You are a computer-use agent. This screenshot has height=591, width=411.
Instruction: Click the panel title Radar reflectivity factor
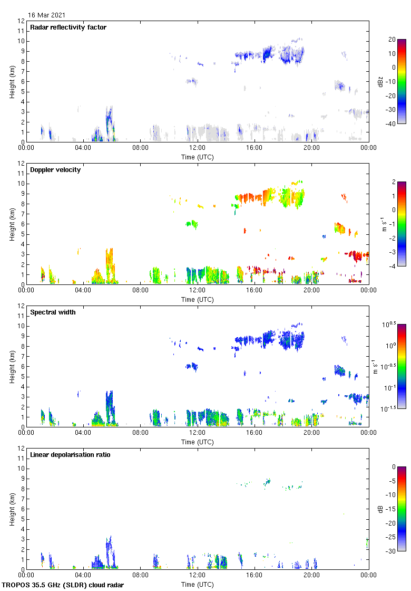pos(68,27)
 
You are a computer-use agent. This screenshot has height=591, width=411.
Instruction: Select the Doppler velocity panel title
pos(55,170)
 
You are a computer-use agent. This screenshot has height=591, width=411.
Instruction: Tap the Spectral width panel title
pos(52,312)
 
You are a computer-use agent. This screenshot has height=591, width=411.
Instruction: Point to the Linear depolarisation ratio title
pos(70,455)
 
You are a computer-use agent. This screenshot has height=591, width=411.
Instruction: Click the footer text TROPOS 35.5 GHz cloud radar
pos(63,585)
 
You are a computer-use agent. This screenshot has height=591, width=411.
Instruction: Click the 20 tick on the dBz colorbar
pos(392,40)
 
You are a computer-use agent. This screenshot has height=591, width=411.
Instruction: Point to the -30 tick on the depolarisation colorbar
pos(393,551)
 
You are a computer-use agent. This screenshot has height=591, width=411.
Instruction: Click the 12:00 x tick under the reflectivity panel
pos(197,148)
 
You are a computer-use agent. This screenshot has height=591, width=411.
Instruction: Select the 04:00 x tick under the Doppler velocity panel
pos(83,291)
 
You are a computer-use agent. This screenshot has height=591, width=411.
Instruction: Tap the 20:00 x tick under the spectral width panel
pos(311,433)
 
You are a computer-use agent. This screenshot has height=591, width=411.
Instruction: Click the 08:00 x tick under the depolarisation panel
pos(140,576)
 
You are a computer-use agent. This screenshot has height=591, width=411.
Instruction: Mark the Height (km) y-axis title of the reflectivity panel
pos(12,81)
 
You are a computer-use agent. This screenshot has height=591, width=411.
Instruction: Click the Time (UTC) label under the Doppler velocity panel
pos(198,299)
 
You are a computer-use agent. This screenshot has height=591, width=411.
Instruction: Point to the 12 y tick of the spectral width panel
pos(21,306)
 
